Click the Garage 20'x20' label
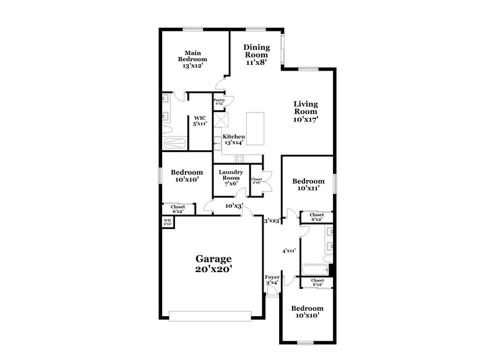pos(213,264)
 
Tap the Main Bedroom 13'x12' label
pos(192,59)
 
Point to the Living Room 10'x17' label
pos(306,111)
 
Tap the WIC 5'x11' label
pos(199,121)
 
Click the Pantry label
pos(219,101)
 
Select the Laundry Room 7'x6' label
pos(230,178)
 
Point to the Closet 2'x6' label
pos(256,181)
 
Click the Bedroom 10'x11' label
pos(308,184)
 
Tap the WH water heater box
pos(167,221)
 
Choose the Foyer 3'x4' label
pos(272,280)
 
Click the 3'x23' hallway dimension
pos(272,220)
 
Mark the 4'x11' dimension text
pos(288,251)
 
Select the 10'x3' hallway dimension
pos(234,205)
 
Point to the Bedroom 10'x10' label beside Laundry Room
pos(187,176)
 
